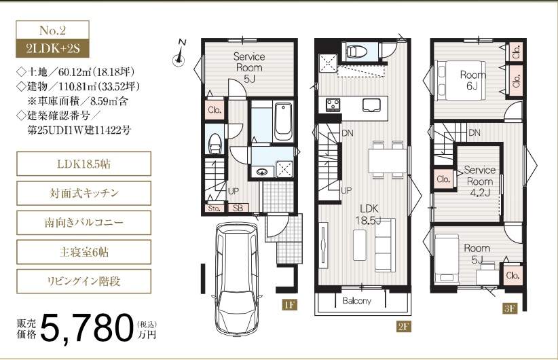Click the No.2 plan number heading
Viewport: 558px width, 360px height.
[52, 30]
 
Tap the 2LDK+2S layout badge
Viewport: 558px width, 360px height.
[52, 48]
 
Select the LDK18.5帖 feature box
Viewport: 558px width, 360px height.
[84, 164]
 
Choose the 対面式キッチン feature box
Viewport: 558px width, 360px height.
[84, 193]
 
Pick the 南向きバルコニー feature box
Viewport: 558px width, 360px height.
[84, 223]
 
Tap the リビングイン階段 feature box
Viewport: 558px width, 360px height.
[84, 281]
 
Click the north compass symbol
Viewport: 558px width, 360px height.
[180, 54]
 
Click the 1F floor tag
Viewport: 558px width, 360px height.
[289, 305]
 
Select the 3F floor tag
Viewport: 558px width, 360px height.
[510, 308]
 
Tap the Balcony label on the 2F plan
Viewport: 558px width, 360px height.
[356, 301]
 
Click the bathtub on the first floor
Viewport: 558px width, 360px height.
[283, 122]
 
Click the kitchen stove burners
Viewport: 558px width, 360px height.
[333, 104]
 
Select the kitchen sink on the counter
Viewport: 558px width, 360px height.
[371, 105]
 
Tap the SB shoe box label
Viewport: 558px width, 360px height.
[238, 208]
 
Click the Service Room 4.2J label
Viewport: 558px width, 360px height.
[479, 181]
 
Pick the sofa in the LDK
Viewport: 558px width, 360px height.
[386, 245]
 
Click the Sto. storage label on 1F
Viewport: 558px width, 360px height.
[215, 209]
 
